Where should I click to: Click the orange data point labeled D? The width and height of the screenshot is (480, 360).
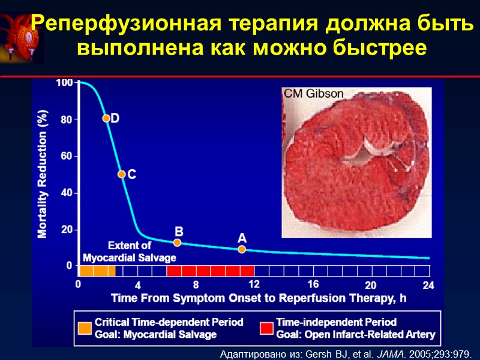[x=106, y=118]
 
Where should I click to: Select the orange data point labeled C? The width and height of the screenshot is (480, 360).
[x=121, y=174]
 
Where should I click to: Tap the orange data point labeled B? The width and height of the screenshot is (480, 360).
[x=177, y=242]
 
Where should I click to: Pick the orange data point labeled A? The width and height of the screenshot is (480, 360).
[x=242, y=249]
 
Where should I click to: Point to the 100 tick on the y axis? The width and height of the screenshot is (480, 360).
[x=64, y=83]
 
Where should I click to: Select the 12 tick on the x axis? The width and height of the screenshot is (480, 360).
[x=254, y=284]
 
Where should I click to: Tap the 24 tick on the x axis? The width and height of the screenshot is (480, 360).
[x=428, y=286]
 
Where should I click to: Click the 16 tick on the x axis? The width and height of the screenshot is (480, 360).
[x=313, y=284]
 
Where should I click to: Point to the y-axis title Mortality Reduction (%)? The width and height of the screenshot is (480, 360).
[x=43, y=173]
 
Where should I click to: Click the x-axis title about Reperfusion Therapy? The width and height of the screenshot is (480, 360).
[x=259, y=298]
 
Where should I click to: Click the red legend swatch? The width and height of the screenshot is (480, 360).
[x=266, y=328]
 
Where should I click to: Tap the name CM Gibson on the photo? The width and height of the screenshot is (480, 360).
[x=313, y=94]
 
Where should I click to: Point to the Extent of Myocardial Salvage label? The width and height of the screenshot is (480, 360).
[x=129, y=251]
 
